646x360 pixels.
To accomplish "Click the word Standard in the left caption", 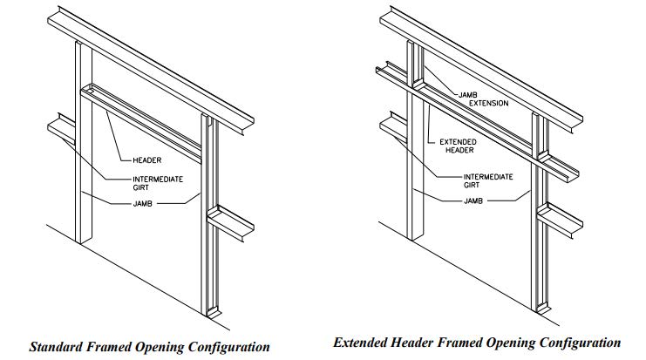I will [58, 346].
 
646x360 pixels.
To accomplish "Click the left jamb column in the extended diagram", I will [413, 192].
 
